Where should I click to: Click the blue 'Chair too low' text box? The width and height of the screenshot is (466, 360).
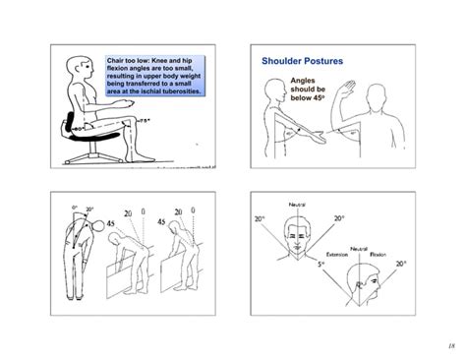[155, 77]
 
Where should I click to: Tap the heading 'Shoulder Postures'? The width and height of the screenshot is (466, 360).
[302, 62]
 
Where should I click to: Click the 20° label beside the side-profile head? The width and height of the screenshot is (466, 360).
[400, 265]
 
